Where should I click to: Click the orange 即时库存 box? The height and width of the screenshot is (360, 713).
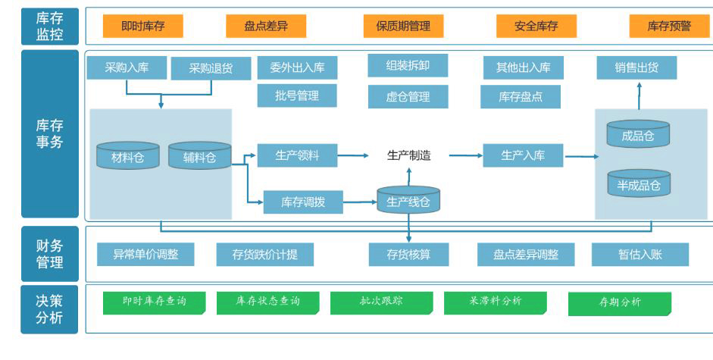click(142, 26)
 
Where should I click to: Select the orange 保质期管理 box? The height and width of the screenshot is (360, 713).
click(403, 26)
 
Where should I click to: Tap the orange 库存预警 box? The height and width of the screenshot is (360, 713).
click(669, 26)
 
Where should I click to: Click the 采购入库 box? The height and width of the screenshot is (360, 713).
click(127, 67)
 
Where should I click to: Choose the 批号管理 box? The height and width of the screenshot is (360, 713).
click(297, 95)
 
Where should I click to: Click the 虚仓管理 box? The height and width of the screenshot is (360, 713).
click(408, 96)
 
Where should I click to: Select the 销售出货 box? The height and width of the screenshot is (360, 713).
click(636, 67)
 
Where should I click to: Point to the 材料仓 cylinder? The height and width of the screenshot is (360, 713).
click(128, 156)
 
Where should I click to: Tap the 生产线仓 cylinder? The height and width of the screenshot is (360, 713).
click(408, 200)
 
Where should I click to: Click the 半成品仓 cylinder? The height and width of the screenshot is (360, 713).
click(638, 184)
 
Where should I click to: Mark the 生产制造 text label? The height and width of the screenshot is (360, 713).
click(408, 155)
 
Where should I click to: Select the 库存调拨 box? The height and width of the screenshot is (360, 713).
click(303, 202)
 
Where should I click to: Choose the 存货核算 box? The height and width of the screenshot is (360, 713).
click(408, 255)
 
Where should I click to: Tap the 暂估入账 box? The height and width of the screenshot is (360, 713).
click(640, 255)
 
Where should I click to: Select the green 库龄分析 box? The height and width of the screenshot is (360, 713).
click(619, 303)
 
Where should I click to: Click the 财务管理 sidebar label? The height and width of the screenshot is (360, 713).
click(50, 254)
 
